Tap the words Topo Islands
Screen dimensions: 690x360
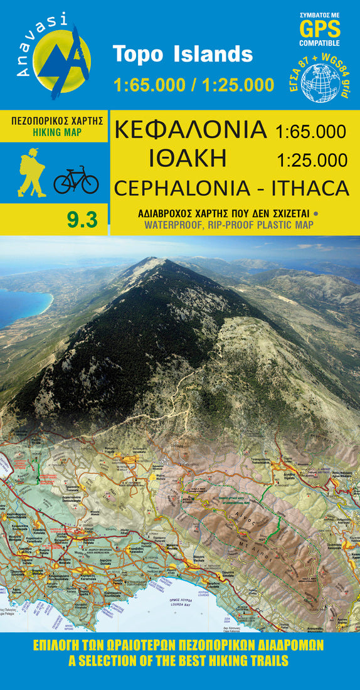pyautogui.click(x=183, y=54)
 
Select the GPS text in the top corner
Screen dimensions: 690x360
pyautogui.click(x=320, y=29)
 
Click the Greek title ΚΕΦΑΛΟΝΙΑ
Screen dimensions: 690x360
pyautogui.click(x=190, y=130)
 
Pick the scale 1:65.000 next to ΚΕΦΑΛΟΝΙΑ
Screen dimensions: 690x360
pyautogui.click(x=310, y=131)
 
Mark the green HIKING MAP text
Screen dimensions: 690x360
pyautogui.click(x=55, y=133)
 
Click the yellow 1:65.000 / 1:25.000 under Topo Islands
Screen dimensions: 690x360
pyautogui.click(x=194, y=85)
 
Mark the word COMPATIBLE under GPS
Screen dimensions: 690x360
pyautogui.click(x=320, y=43)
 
